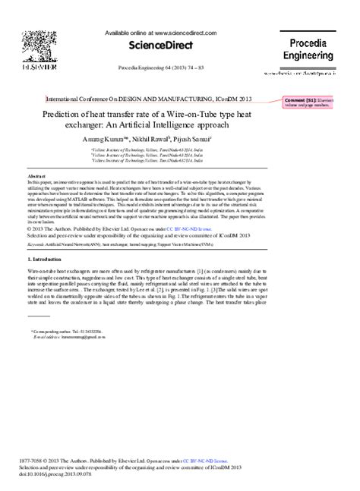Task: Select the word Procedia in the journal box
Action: coord(312,44)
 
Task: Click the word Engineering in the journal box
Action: coord(312,56)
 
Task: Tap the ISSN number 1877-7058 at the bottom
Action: coord(38,461)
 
